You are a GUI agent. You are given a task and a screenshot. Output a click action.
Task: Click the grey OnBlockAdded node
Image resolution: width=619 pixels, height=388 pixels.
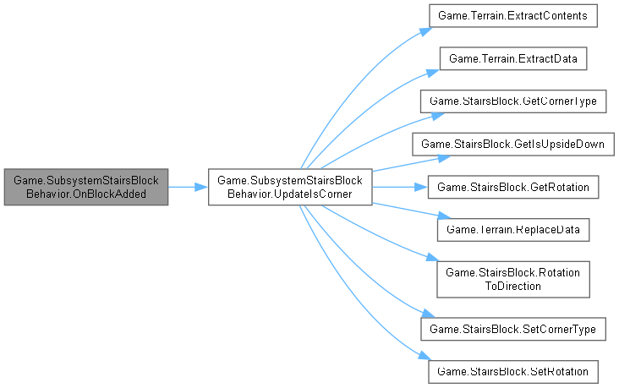coord(85,186)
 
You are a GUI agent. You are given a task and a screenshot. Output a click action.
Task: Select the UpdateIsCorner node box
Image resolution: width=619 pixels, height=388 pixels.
coord(290,186)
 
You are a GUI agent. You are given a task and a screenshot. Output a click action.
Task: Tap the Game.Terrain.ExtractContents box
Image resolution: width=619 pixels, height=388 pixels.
coord(513,16)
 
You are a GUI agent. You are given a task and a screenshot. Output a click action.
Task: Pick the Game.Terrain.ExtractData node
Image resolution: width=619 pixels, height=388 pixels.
coord(513,58)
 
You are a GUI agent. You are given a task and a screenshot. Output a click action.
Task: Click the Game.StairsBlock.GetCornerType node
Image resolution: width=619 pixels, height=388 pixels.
coord(513,101)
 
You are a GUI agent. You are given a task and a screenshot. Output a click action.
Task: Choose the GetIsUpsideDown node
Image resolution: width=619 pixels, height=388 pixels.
coord(513,143)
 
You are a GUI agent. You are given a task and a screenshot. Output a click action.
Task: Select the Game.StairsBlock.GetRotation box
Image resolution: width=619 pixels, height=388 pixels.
coord(513,185)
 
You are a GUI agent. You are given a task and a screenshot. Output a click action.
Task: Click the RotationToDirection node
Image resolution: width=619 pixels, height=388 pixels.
coord(513,278)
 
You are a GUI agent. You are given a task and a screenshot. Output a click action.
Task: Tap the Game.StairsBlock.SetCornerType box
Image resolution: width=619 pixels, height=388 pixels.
coord(513,327)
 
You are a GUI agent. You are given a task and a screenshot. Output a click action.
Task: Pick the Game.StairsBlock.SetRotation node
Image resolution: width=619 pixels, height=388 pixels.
coord(513,369)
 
